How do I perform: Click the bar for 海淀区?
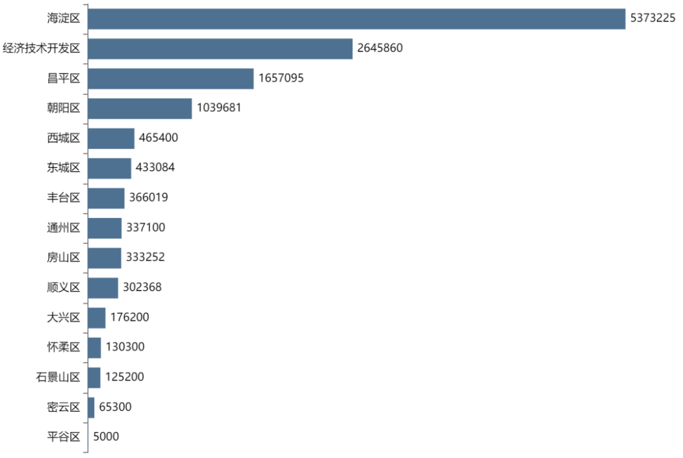pos(356,19)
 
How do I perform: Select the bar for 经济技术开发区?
pos(219,49)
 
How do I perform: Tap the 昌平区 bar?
pos(170,78)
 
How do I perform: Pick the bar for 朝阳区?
pos(139,108)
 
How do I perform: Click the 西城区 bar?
pos(111,138)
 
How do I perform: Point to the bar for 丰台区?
pos(106,198)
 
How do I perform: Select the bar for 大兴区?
pos(96,317)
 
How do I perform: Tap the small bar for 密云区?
pos(91,407)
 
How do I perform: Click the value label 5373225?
pos(653,19)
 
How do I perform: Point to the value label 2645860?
pos(379,49)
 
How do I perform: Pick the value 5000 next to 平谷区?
pos(106,437)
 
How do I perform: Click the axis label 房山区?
pos(64,258)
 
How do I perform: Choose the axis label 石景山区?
pos(58,377)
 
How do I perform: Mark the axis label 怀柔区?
pos(64,347)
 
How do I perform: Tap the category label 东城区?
pos(64,168)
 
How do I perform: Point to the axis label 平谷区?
pos(64,437)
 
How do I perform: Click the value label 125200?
pos(125,377)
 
